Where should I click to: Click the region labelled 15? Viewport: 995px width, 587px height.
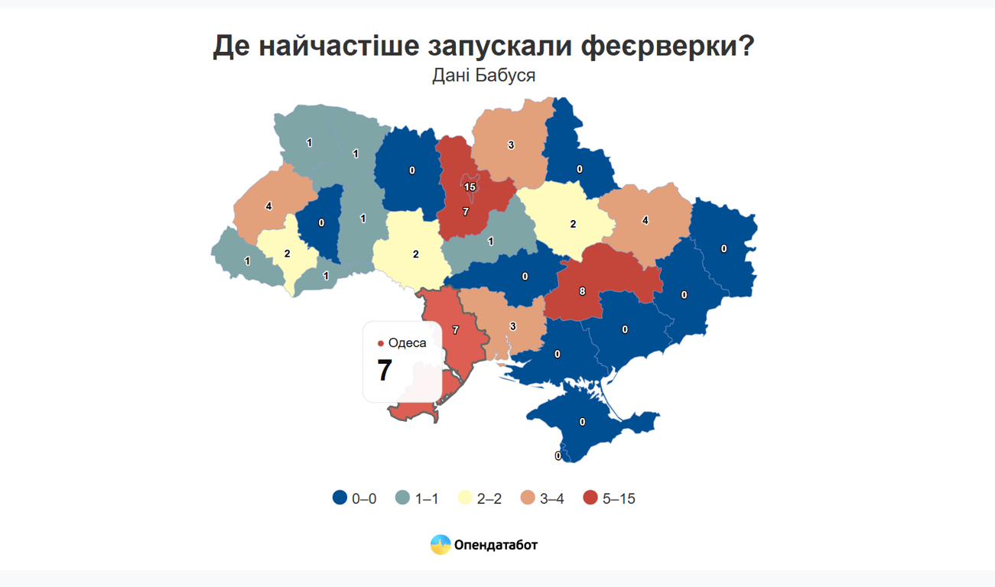tap(470, 186)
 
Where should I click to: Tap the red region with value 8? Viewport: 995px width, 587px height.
tap(583, 291)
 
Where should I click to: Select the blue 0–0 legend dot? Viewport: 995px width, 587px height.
tap(340, 498)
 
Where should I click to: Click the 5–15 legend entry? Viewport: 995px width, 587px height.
tap(609, 499)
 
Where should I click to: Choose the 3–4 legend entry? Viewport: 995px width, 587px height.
tap(542, 499)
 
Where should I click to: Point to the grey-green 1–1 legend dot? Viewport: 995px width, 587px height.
tap(403, 498)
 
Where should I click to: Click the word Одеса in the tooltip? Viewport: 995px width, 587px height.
tap(407, 343)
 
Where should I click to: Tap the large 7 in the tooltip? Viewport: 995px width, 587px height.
tap(385, 371)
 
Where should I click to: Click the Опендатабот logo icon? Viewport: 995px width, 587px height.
tap(440, 545)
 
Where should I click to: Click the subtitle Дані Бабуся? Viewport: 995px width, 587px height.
tap(483, 76)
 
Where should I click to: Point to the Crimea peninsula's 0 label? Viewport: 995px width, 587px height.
tap(583, 422)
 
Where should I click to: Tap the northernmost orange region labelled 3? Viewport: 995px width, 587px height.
tap(510, 144)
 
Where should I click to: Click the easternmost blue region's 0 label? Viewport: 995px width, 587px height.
tap(723, 248)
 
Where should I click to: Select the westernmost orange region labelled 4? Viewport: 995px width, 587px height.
tap(268, 206)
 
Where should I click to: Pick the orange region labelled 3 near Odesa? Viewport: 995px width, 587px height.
tap(512, 326)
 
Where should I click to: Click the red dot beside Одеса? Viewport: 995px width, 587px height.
tap(381, 344)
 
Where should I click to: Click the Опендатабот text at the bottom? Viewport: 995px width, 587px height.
tap(496, 545)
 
